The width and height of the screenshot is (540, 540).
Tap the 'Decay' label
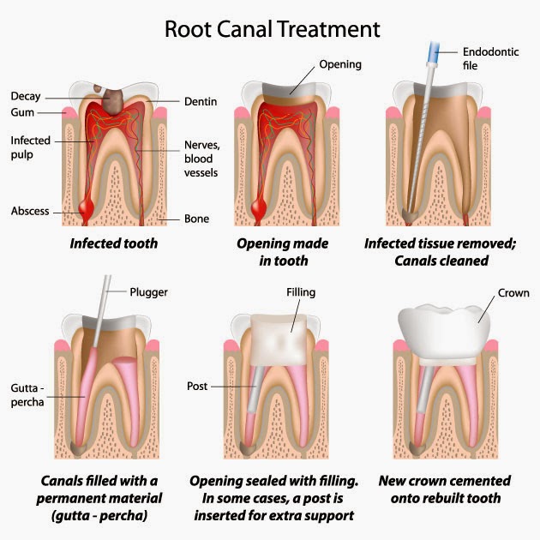(27, 96)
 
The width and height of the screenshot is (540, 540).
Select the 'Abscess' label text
(29, 211)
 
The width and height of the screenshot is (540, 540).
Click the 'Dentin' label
(201, 101)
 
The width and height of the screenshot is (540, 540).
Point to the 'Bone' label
(196, 219)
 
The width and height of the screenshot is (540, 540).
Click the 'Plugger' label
(149, 291)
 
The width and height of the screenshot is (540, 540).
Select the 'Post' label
(198, 387)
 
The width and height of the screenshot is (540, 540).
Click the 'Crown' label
(513, 293)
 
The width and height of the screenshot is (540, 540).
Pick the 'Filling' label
(301, 292)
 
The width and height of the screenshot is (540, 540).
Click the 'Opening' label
(340, 64)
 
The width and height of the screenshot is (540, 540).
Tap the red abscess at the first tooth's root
(86, 208)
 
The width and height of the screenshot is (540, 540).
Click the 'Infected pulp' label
(31, 147)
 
